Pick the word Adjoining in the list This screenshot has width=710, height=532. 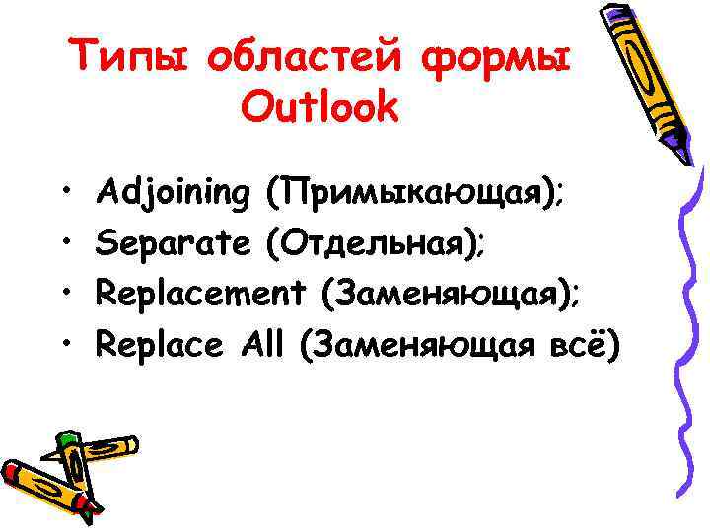click(176, 193)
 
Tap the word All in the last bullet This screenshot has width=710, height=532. click(261, 344)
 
